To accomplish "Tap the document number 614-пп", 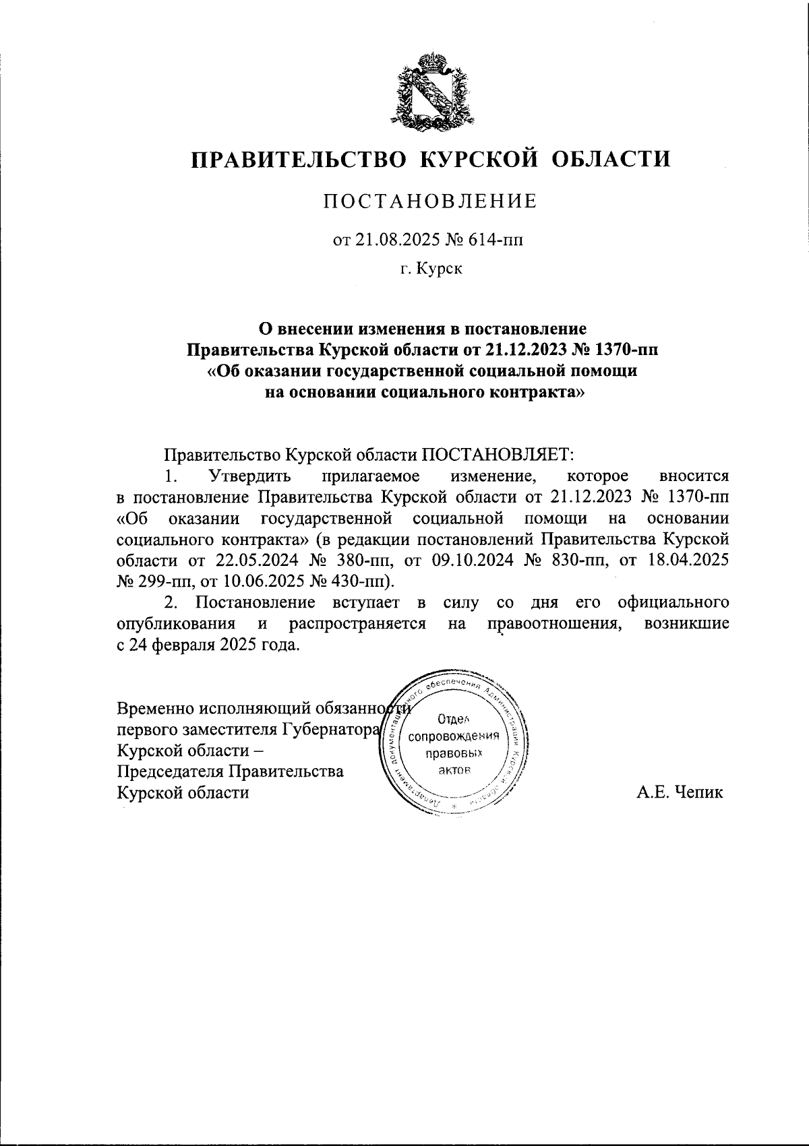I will click(x=491, y=239).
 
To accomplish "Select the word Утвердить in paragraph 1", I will click(x=250, y=476).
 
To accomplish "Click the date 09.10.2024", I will click(x=471, y=561).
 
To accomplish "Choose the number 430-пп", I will click(x=359, y=581).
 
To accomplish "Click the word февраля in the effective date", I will click(x=182, y=645).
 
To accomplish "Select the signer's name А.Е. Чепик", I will click(x=680, y=792).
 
